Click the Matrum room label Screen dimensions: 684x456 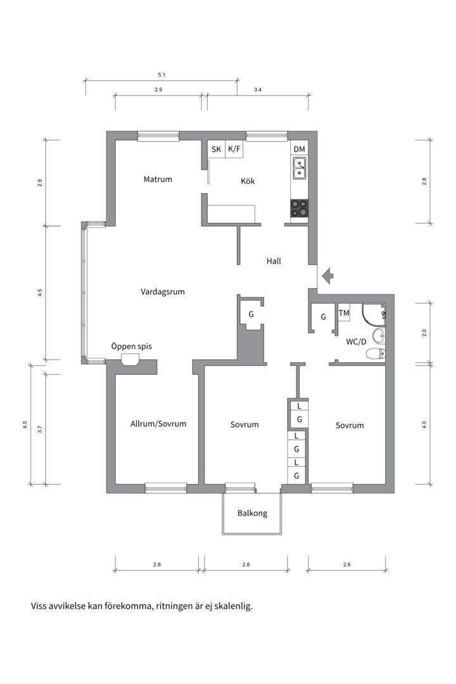click(x=158, y=179)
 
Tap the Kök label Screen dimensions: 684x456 click(x=248, y=181)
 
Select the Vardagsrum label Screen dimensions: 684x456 click(x=163, y=292)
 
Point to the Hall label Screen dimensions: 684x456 click(x=274, y=261)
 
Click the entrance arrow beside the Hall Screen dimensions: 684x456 click(x=327, y=275)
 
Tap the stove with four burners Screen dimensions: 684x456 click(x=300, y=208)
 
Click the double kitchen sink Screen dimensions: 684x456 click(x=299, y=168)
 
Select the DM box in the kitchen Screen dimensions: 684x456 click(x=300, y=149)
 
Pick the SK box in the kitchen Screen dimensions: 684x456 click(x=217, y=149)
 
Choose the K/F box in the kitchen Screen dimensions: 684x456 click(x=235, y=149)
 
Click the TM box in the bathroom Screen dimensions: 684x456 click(x=344, y=313)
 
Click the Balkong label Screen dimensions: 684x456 click(x=252, y=514)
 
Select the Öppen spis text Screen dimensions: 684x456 click(x=131, y=346)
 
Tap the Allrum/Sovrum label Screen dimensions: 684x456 click(x=158, y=424)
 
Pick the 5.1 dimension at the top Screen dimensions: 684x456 click(x=161, y=75)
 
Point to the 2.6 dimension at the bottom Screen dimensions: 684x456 click(x=346, y=564)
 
